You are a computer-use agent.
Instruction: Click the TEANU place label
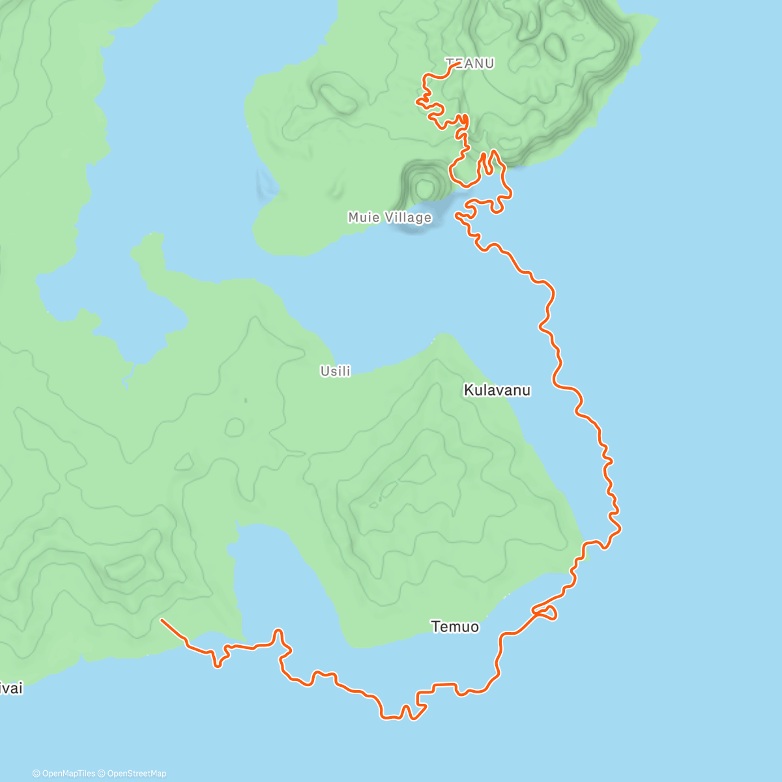(x=470, y=63)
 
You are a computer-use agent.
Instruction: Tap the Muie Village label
(x=390, y=217)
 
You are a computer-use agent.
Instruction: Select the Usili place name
(x=336, y=371)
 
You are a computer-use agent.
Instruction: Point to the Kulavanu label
(x=497, y=390)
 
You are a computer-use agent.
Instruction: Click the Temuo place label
(x=455, y=626)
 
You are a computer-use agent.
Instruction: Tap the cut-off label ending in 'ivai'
(x=11, y=688)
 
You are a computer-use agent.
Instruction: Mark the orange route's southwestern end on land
(x=162, y=620)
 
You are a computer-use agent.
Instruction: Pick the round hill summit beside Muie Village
(x=425, y=188)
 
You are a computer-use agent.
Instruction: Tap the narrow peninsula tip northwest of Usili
(x=153, y=236)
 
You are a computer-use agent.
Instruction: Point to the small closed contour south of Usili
(x=234, y=427)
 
